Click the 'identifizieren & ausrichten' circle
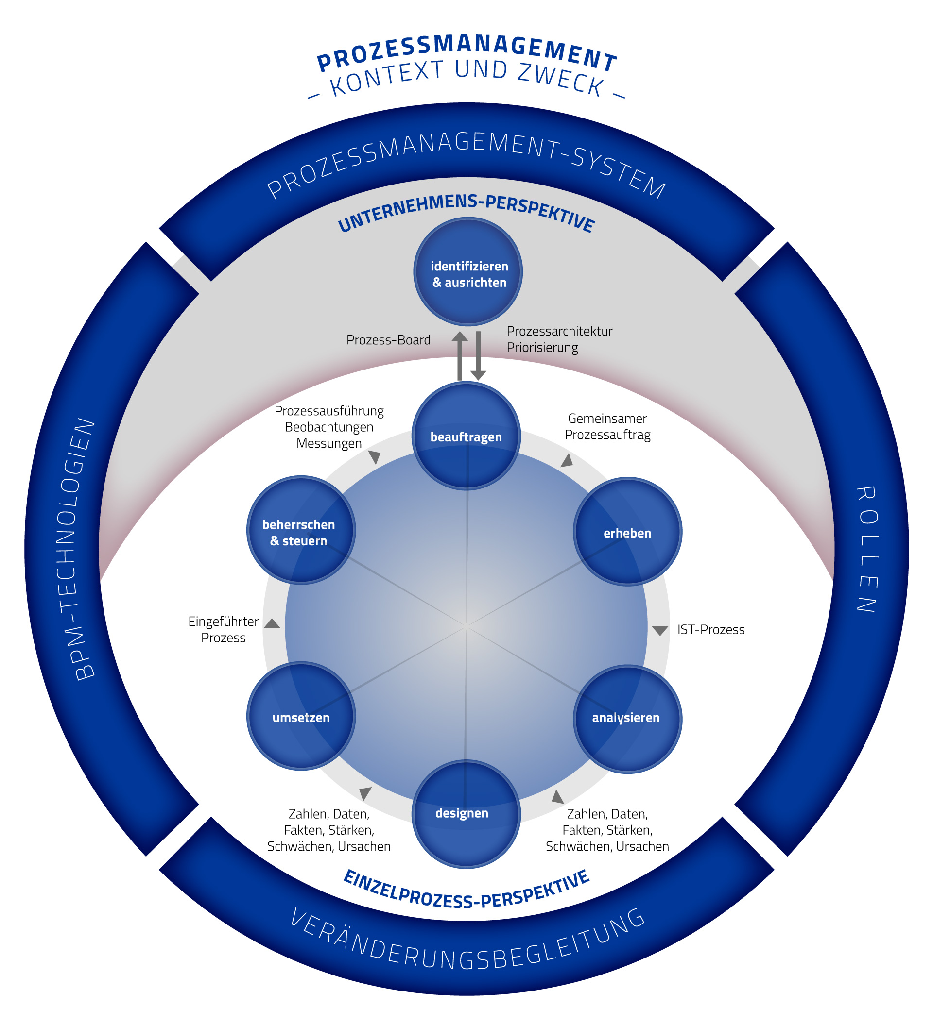pos(467,271)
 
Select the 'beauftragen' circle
pos(466,436)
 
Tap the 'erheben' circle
pos(627,531)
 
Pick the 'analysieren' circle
pos(627,719)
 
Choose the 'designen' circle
pos(466,814)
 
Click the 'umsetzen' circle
pos(301,716)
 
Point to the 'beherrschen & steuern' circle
pos(301,530)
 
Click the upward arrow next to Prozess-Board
pos(460,356)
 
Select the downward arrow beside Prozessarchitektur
pos(478,356)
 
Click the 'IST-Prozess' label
pos(711,630)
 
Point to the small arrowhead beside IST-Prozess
pos(660,631)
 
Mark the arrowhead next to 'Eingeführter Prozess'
pos(272,623)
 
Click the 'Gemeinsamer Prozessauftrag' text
pos(607,427)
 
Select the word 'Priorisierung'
pos(542,348)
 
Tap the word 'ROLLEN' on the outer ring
pos(867,549)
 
